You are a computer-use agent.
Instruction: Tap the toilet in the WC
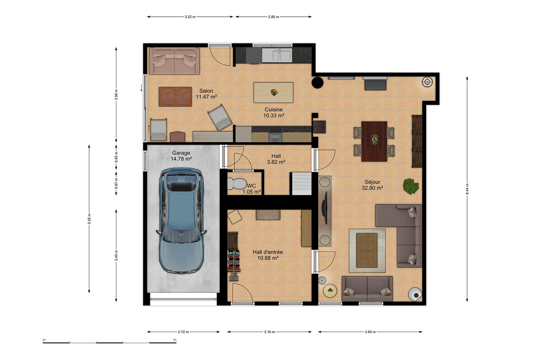click(x=236, y=183)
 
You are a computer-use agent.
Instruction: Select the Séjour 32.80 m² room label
click(x=372, y=185)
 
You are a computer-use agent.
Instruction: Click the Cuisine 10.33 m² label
click(x=273, y=112)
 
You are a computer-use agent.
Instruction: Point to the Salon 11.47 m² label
click(x=206, y=94)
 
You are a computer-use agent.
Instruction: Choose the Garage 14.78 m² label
click(x=181, y=156)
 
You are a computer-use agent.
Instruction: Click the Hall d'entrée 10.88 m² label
click(x=268, y=255)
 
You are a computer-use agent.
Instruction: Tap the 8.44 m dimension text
click(x=467, y=189)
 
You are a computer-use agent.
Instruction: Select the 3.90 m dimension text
click(x=370, y=332)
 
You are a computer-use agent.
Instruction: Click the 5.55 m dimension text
click(x=89, y=218)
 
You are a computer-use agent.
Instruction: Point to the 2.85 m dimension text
click(x=273, y=17)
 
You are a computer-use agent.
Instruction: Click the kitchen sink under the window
click(x=277, y=55)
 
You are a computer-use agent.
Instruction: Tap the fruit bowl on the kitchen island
click(x=274, y=92)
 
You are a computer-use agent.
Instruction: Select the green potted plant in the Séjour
click(x=411, y=186)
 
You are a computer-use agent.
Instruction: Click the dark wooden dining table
click(x=374, y=141)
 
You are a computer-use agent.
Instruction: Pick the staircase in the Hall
click(x=301, y=184)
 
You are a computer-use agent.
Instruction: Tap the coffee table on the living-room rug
click(x=367, y=250)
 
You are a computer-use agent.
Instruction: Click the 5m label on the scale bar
click(x=175, y=340)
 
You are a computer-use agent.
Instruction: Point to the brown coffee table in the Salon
click(x=175, y=97)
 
